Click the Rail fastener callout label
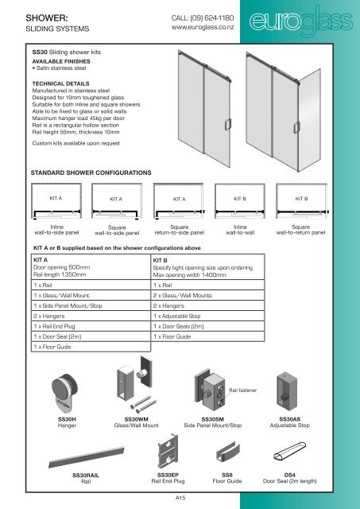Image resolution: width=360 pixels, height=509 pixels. (245, 390)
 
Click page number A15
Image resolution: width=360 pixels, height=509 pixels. (180, 496)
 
